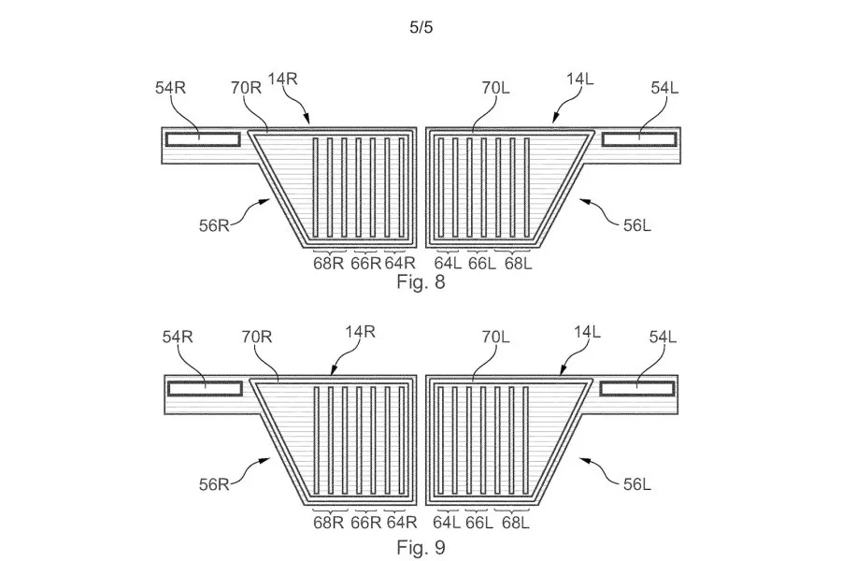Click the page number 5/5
pyautogui.click(x=421, y=27)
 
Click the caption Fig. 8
pyautogui.click(x=421, y=281)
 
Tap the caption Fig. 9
pyautogui.click(x=421, y=547)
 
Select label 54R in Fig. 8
pyautogui.click(x=170, y=88)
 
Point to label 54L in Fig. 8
pyautogui.click(x=664, y=88)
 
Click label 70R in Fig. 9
pyautogui.click(x=257, y=337)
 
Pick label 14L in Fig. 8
pyautogui.click(x=580, y=79)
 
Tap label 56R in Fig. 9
pyautogui.click(x=214, y=484)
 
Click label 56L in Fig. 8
pyautogui.click(x=636, y=225)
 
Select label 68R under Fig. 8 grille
pyautogui.click(x=328, y=264)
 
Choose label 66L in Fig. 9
pyautogui.click(x=479, y=523)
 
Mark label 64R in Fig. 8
pyautogui.click(x=400, y=264)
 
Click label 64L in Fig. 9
pyautogui.click(x=447, y=523)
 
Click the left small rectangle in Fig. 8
pyautogui.click(x=203, y=139)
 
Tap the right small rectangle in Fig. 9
pyautogui.click(x=636, y=389)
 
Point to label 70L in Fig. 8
pyautogui.click(x=495, y=88)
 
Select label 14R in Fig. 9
pyautogui.click(x=360, y=332)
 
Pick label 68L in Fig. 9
pyautogui.click(x=516, y=523)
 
